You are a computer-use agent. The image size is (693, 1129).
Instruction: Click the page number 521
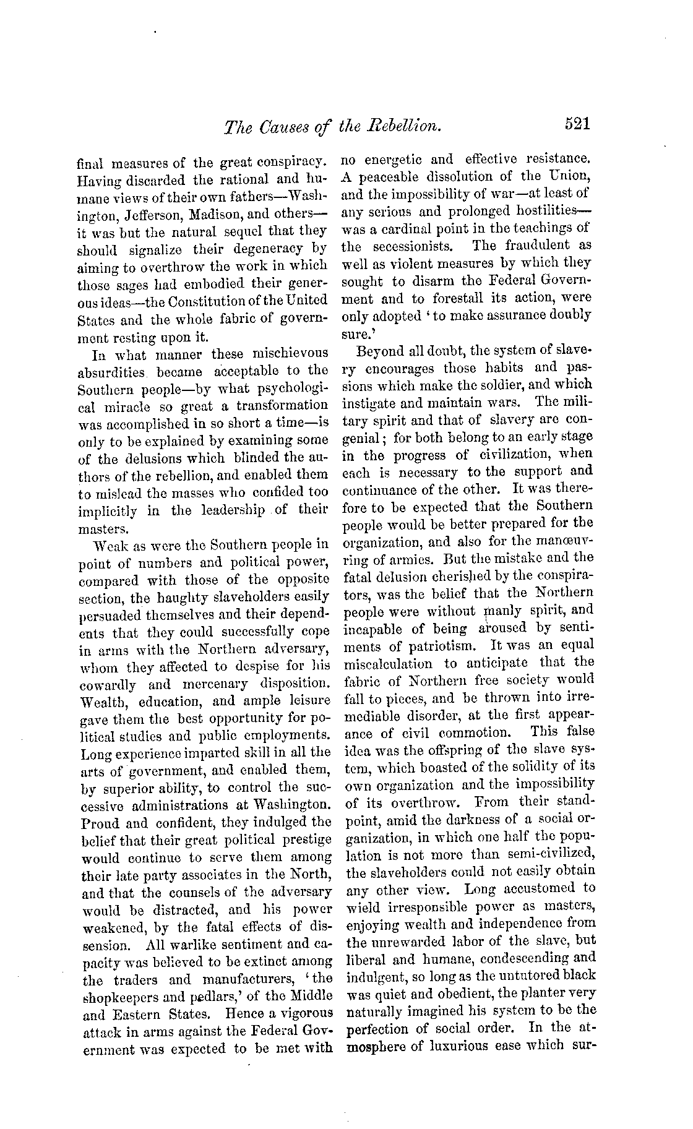pyautogui.click(x=578, y=124)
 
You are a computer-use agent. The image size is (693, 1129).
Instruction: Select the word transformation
pyautogui.click(x=283, y=406)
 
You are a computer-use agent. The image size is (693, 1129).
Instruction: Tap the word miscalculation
pyautogui.click(x=388, y=663)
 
